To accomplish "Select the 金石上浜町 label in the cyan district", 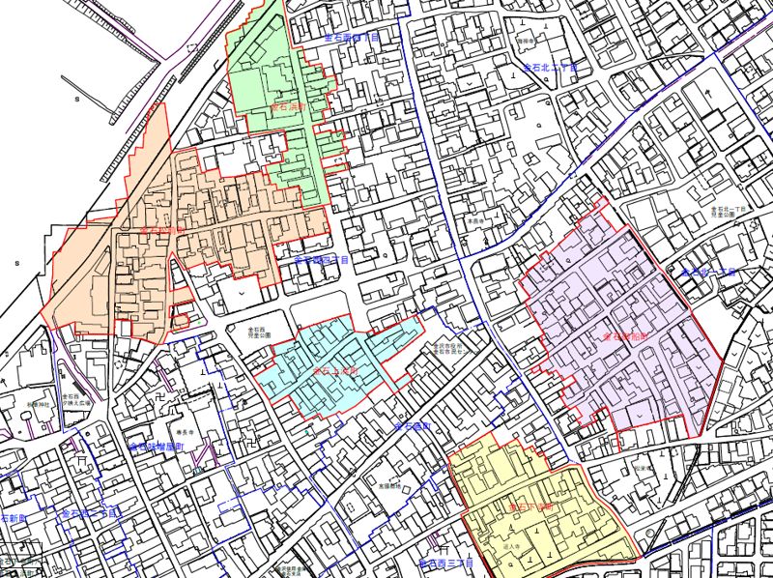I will (335, 370).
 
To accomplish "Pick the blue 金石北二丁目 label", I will (549, 69).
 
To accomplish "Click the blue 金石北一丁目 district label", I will (708, 274).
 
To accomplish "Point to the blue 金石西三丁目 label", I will (446, 562).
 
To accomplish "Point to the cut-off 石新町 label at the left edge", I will (12, 519).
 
